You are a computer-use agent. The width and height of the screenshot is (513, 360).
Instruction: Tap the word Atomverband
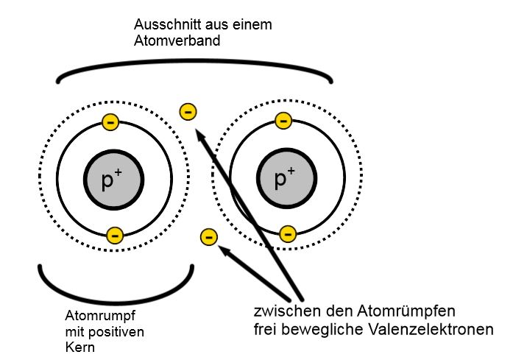tap(177, 40)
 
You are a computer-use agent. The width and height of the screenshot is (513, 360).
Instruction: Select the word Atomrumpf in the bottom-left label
tap(100, 316)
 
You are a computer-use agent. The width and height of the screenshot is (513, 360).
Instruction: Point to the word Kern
tap(79, 347)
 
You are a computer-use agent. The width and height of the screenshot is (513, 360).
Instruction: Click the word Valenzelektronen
tap(431, 329)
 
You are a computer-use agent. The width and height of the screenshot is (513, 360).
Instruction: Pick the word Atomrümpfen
tap(406, 311)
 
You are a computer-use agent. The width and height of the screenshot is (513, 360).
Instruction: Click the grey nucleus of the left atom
tap(114, 180)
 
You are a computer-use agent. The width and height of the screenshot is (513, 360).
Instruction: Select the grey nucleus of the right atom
tap(286, 178)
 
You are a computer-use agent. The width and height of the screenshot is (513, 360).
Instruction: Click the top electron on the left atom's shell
tap(110, 122)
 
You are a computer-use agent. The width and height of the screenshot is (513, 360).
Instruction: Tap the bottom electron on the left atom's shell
tap(115, 235)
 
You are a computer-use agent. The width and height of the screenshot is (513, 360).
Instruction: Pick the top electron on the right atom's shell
tap(283, 121)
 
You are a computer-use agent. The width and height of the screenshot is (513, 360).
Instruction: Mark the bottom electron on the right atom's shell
tap(288, 233)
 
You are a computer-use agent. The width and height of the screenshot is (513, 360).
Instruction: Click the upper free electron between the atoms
tap(188, 112)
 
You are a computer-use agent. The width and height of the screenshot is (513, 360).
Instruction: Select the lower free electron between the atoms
tap(209, 236)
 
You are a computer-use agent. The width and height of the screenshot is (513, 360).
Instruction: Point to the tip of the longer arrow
tap(195, 130)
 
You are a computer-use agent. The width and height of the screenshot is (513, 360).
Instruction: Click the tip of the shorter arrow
tap(218, 246)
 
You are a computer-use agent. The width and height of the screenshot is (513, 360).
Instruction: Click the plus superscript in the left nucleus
tap(118, 172)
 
